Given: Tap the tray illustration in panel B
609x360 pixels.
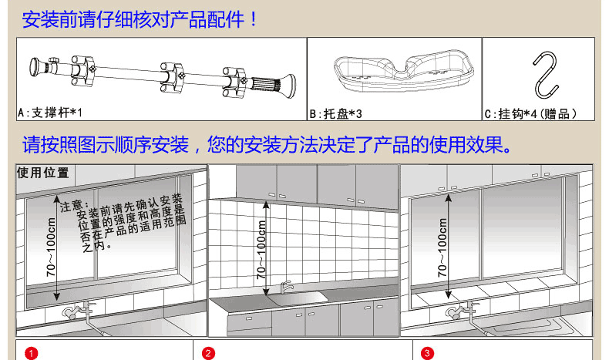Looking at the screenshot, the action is pyautogui.click(x=404, y=70).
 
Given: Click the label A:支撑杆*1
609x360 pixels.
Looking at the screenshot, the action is pyautogui.click(x=50, y=113).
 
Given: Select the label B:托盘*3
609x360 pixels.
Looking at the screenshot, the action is pyautogui.click(x=335, y=114).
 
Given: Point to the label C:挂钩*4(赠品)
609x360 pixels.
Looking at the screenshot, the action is pyautogui.click(x=530, y=114).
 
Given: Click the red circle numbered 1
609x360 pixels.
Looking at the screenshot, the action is pyautogui.click(x=31, y=353).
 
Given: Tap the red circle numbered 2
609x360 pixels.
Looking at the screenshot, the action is pyautogui.click(x=208, y=353).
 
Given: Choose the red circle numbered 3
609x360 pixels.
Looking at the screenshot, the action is pyautogui.click(x=427, y=353).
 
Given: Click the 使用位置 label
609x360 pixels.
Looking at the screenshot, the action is pyautogui.click(x=42, y=173).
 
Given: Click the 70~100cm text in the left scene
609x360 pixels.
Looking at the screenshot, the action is pyautogui.click(x=51, y=247).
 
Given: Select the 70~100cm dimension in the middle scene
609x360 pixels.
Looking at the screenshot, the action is pyautogui.click(x=261, y=249).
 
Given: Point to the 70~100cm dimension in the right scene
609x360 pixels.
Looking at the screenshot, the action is pyautogui.click(x=442, y=247).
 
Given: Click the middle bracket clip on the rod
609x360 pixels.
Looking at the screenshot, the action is pyautogui.click(x=173, y=78).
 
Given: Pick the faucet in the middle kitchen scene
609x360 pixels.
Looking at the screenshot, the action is pyautogui.click(x=287, y=288).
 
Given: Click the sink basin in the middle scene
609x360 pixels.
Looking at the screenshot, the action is pyautogui.click(x=298, y=298).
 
